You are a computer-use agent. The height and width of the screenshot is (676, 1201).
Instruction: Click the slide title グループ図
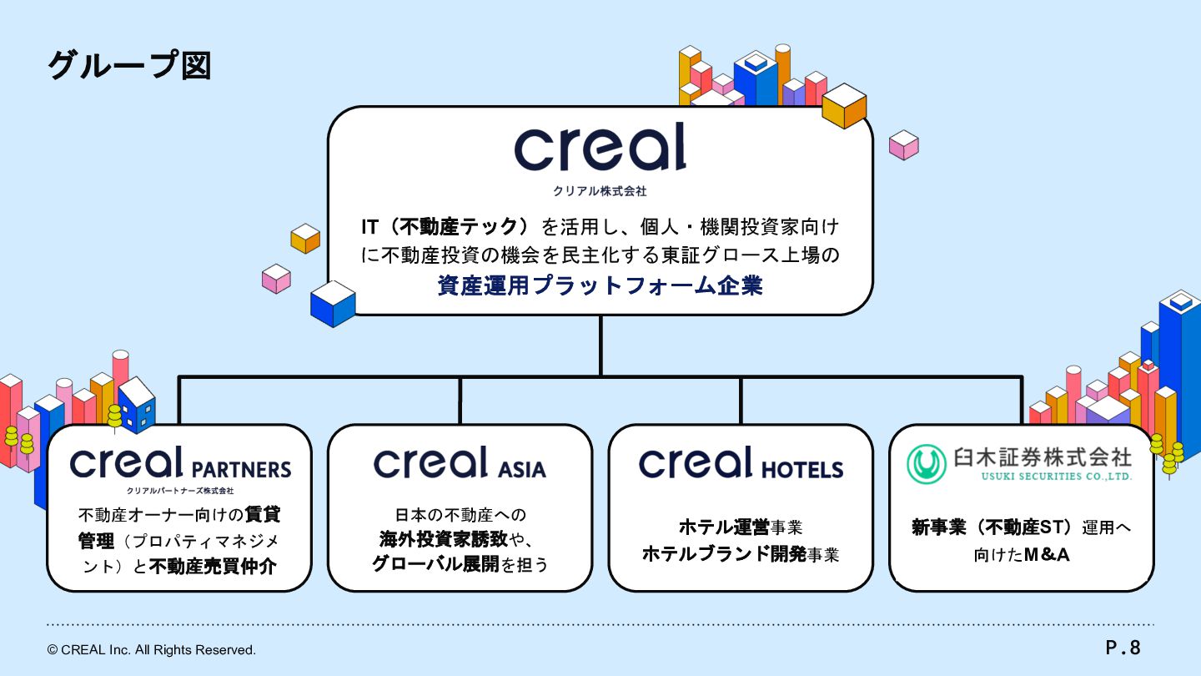[x=129, y=65]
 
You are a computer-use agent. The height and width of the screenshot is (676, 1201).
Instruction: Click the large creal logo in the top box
[x=600, y=148]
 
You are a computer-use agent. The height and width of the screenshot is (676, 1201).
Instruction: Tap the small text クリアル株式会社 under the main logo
[x=600, y=191]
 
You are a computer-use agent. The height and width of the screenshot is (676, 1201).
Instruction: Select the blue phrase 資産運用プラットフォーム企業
[x=600, y=285]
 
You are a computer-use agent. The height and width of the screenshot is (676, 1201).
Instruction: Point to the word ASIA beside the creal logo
[x=523, y=469]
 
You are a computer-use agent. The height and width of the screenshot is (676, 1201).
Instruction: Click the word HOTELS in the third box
[x=802, y=469]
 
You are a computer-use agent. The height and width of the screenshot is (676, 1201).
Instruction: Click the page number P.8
[x=1123, y=647]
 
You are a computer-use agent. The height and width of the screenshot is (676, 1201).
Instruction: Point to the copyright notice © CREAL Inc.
[x=152, y=649]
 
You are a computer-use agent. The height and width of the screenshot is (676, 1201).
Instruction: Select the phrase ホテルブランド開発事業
[x=740, y=554]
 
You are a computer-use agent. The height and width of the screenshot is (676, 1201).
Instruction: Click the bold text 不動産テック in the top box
[x=464, y=227]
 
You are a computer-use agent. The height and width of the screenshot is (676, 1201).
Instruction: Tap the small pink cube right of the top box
[x=903, y=144]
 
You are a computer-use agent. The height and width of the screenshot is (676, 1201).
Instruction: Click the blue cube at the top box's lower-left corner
[x=333, y=303]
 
